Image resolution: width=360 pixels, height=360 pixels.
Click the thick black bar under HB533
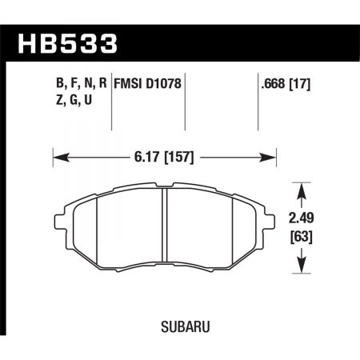coord(180,62)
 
